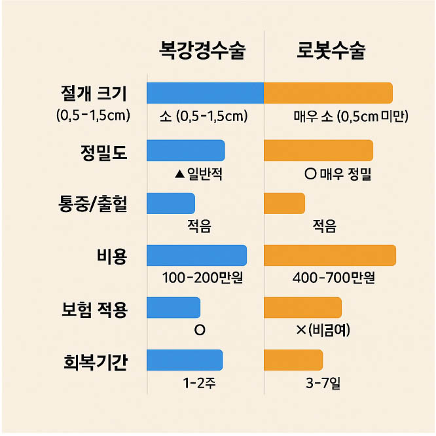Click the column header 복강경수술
pyautogui.click(x=202, y=50)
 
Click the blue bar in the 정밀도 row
pyautogui.click(x=186, y=151)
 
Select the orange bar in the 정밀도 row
pyautogui.click(x=318, y=151)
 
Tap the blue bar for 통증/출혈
pyautogui.click(x=171, y=203)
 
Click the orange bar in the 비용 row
pyautogui.click(x=330, y=255)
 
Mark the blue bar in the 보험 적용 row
pyautogui.click(x=173, y=308)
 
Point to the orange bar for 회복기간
pyautogui.click(x=293, y=360)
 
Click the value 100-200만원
pyautogui.click(x=203, y=278)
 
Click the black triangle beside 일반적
pyautogui.click(x=179, y=174)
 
